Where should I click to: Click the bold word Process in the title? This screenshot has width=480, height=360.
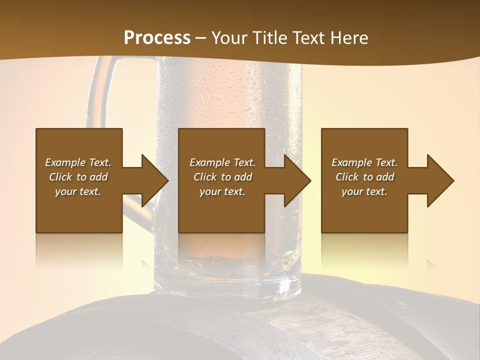pos(157,38)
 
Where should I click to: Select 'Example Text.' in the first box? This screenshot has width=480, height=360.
pos(78,162)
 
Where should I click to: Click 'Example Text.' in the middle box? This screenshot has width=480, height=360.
pos(222,162)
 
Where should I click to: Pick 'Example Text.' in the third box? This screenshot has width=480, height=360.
pos(364,162)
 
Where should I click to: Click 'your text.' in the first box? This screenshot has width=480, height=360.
pos(78,191)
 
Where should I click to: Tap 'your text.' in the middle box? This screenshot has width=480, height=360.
pos(222,191)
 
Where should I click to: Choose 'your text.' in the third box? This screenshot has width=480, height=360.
pos(364,191)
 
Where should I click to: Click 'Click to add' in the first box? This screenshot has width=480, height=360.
pos(78,177)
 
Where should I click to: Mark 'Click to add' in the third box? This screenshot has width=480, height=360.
pos(364,177)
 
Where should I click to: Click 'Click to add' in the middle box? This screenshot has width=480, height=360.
pos(222,177)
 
